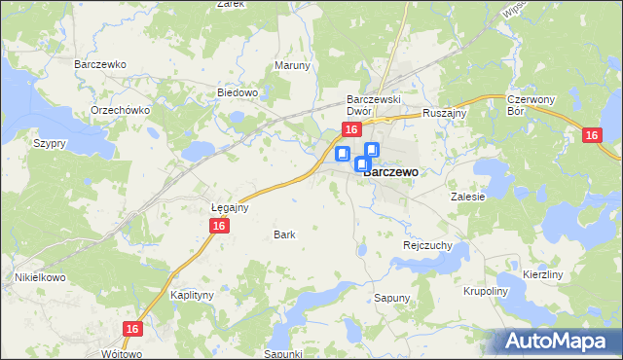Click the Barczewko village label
[x=101, y=64]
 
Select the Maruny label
[x=292, y=66]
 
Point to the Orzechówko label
[x=120, y=110]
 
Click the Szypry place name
[x=49, y=143]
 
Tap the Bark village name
[x=284, y=234]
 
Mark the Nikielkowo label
[x=39, y=277]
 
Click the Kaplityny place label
[x=192, y=294]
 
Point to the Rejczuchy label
[x=427, y=246]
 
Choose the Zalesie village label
[x=467, y=196]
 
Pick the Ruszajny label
[x=446, y=113]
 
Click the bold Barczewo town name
[x=391, y=171]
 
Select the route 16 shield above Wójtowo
[x=133, y=330]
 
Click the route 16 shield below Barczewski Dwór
[x=352, y=130]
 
